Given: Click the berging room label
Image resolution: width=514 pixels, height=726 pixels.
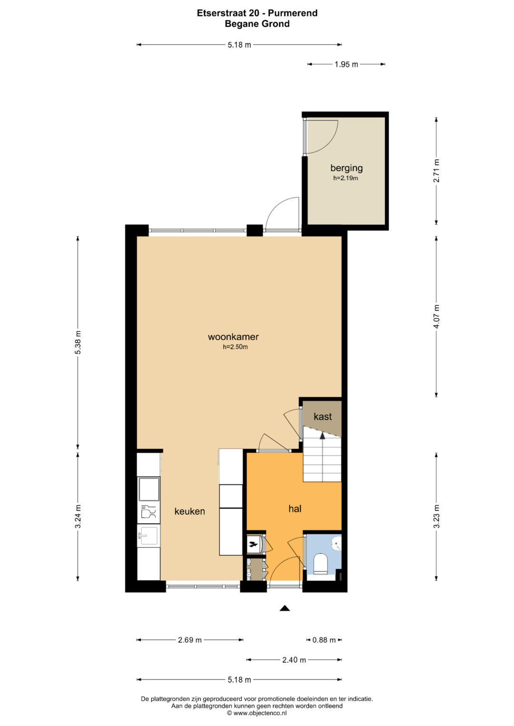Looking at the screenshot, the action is [x=346, y=168].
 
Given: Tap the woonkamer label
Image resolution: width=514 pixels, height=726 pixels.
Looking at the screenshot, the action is [x=233, y=337].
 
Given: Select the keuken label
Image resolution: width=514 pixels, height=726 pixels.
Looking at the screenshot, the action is [x=189, y=511].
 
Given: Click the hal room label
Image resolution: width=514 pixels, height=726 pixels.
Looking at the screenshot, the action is [x=295, y=509].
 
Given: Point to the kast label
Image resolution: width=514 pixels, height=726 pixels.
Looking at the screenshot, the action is [x=323, y=416].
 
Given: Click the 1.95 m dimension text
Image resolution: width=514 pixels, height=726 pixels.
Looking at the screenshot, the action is [x=346, y=64].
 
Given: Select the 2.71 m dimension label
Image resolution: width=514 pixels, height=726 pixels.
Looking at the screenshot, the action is [x=436, y=171].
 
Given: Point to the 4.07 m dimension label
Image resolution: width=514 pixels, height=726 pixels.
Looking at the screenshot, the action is [x=436, y=317].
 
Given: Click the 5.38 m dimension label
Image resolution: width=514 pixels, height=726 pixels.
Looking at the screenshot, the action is [x=78, y=343].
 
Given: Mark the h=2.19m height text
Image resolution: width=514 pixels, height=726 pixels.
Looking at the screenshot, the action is [x=346, y=178].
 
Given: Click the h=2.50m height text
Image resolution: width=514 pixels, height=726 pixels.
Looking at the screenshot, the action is [x=235, y=347].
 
